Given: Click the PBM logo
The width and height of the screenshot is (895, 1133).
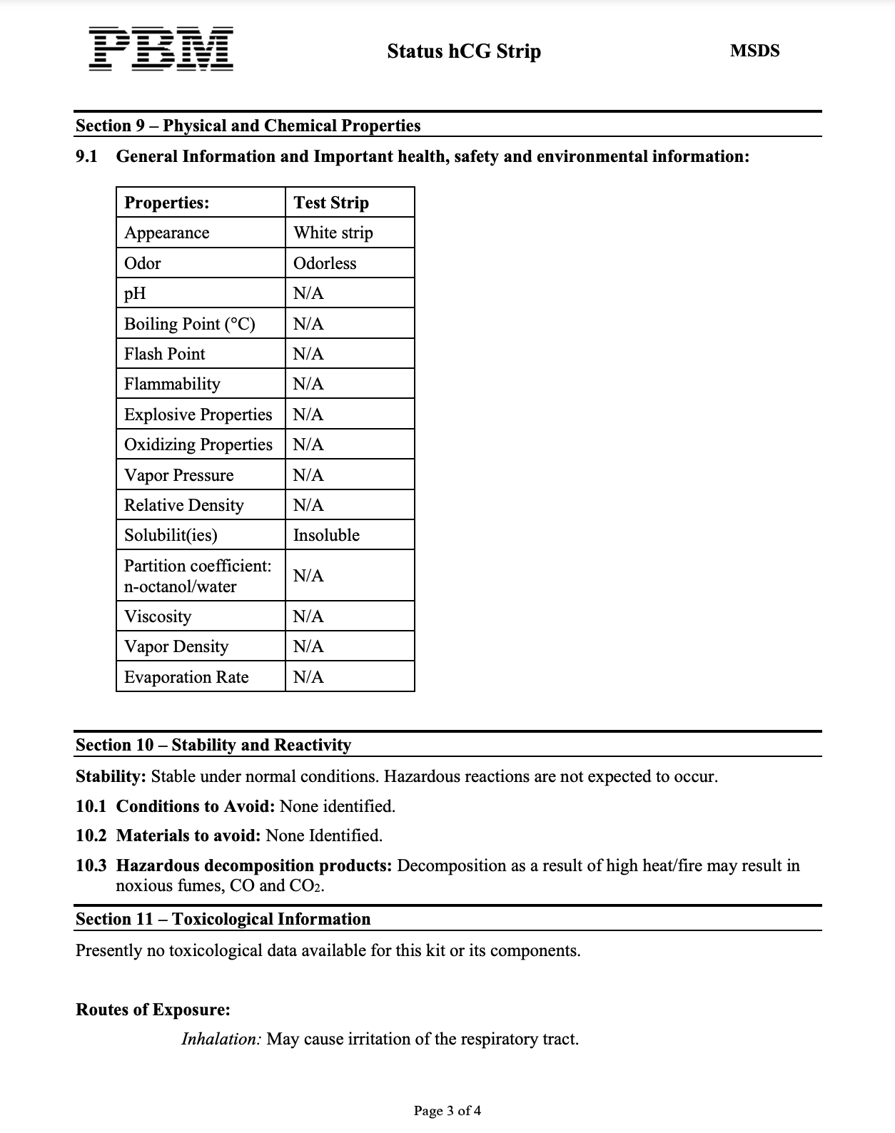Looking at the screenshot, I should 161,49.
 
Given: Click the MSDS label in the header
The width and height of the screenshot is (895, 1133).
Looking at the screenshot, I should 754,51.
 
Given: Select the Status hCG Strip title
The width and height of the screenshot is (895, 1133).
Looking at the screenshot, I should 464,51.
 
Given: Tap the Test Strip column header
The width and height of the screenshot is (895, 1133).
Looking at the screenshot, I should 331,203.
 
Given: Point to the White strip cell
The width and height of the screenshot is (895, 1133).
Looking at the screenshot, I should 333,233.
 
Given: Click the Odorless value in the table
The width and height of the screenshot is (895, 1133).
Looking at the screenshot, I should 325,263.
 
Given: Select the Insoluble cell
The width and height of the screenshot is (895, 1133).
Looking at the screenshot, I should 326,535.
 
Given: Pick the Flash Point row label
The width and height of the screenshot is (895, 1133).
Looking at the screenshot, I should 164,354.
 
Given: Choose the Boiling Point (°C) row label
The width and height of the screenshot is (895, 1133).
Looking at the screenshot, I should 189,324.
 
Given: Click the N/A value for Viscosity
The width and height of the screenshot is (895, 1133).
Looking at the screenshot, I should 308,616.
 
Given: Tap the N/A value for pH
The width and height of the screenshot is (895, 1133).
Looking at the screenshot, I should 308,293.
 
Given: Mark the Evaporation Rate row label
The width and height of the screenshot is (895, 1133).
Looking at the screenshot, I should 186,677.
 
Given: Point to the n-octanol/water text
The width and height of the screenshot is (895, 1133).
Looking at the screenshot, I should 180,586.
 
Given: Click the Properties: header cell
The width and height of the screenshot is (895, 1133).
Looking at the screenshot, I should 167,203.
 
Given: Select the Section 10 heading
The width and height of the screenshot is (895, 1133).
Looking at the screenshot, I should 213,745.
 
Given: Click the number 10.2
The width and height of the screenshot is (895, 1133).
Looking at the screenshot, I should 91,835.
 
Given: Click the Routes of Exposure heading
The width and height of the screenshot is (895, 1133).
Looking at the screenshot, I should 153,1010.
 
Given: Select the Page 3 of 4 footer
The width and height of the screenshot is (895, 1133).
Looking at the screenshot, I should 447,1111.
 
